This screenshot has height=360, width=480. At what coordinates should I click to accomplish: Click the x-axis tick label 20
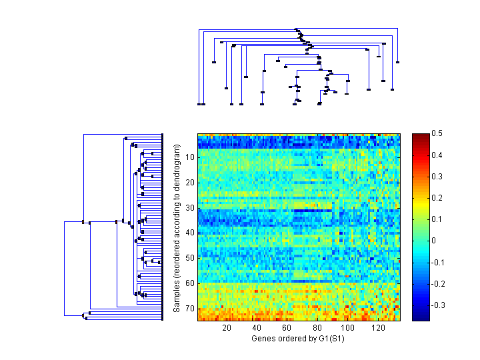tap(227, 328)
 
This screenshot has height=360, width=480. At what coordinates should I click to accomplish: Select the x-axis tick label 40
tap(257, 328)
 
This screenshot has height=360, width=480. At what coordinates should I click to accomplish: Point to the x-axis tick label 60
tap(287, 328)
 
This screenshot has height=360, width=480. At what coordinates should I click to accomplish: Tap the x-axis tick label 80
tap(317, 328)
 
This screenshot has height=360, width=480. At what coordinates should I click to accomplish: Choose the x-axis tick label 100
tap(347, 328)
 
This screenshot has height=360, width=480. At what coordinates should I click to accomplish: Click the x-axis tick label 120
tap(378, 328)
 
